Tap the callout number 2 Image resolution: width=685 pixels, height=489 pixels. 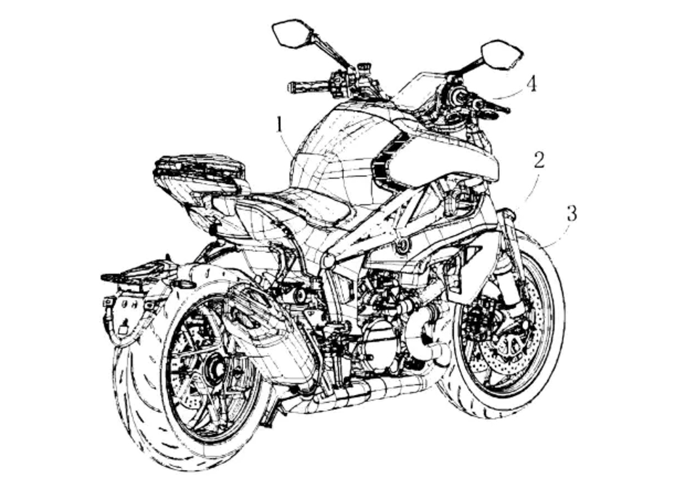pyautogui.click(x=539, y=160)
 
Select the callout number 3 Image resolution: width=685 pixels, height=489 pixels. pyautogui.click(x=571, y=213)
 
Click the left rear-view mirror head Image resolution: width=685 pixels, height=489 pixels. pyautogui.click(x=292, y=33)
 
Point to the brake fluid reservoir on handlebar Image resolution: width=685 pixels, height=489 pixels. pyautogui.click(x=363, y=69)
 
